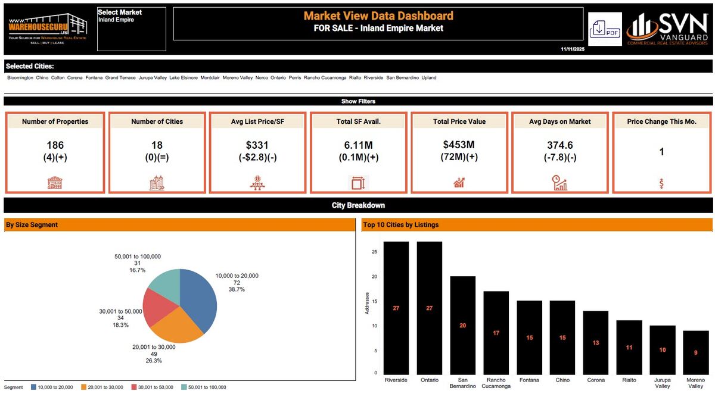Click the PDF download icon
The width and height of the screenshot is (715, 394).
pos(605,29)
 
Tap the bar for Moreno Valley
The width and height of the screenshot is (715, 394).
pos(695,352)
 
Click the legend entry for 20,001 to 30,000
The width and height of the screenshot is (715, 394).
pos(102,387)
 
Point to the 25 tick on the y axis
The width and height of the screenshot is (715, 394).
pos(374,252)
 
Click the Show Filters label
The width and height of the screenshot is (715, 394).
pos(358,101)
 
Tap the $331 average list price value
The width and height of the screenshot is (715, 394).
pos(258,145)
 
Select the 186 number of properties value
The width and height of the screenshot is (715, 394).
pos(55,145)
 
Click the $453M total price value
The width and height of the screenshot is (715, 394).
pos(459,145)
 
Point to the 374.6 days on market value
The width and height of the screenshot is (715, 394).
pos(559,145)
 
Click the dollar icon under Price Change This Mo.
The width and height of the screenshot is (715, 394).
pos(661,183)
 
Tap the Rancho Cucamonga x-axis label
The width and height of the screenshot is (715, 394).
pos(496,383)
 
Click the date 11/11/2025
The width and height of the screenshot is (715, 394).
pos(573,48)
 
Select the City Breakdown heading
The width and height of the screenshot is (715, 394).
pos(358,205)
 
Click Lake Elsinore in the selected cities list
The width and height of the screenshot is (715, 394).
pos(184,78)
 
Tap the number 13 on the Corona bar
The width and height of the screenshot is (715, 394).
pos(595,343)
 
